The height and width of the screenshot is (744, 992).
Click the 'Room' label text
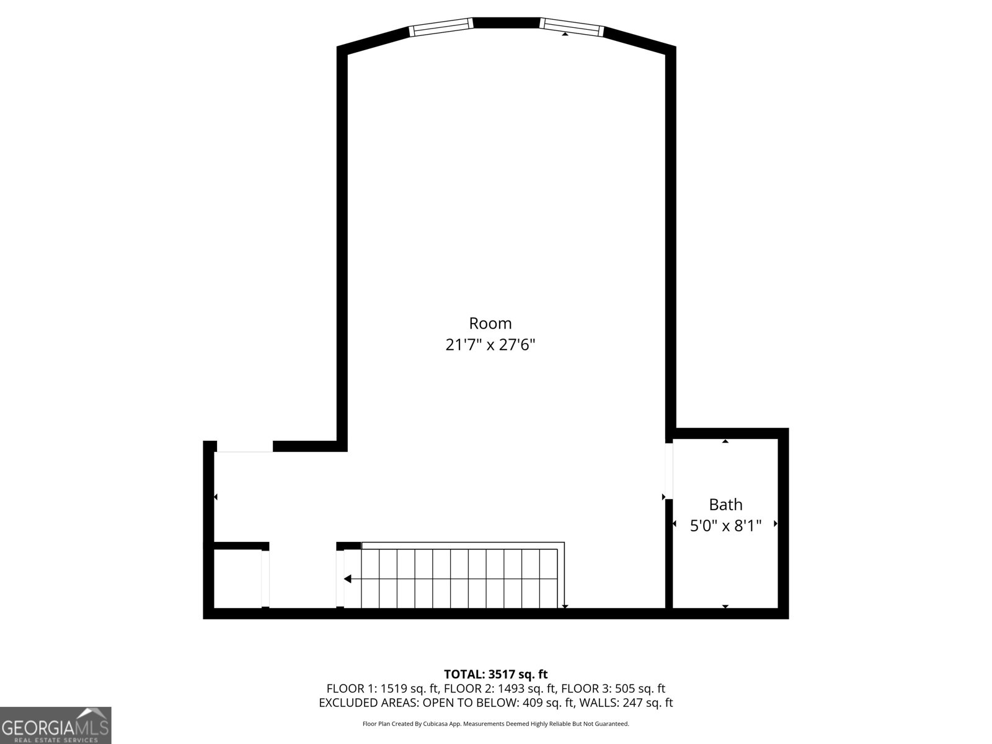coord(490,323)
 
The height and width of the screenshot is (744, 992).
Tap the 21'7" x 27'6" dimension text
coord(490,345)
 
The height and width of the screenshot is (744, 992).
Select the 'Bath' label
coord(725,505)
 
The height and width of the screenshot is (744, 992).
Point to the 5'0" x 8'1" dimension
coord(725,526)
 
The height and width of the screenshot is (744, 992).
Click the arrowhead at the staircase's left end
coord(348,579)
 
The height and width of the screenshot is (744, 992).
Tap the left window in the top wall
coord(441,25)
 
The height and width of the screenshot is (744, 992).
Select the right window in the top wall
coord(572,25)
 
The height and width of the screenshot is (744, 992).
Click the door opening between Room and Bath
coord(669,471)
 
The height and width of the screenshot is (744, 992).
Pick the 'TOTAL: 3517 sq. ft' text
coord(495,674)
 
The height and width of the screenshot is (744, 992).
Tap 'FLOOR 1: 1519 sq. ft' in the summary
coord(383,688)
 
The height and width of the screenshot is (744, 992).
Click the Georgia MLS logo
coord(56,725)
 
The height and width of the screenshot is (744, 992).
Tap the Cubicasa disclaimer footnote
coord(495,724)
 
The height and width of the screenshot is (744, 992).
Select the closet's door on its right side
coord(265,578)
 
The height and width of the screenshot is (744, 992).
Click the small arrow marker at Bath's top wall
coord(725,441)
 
